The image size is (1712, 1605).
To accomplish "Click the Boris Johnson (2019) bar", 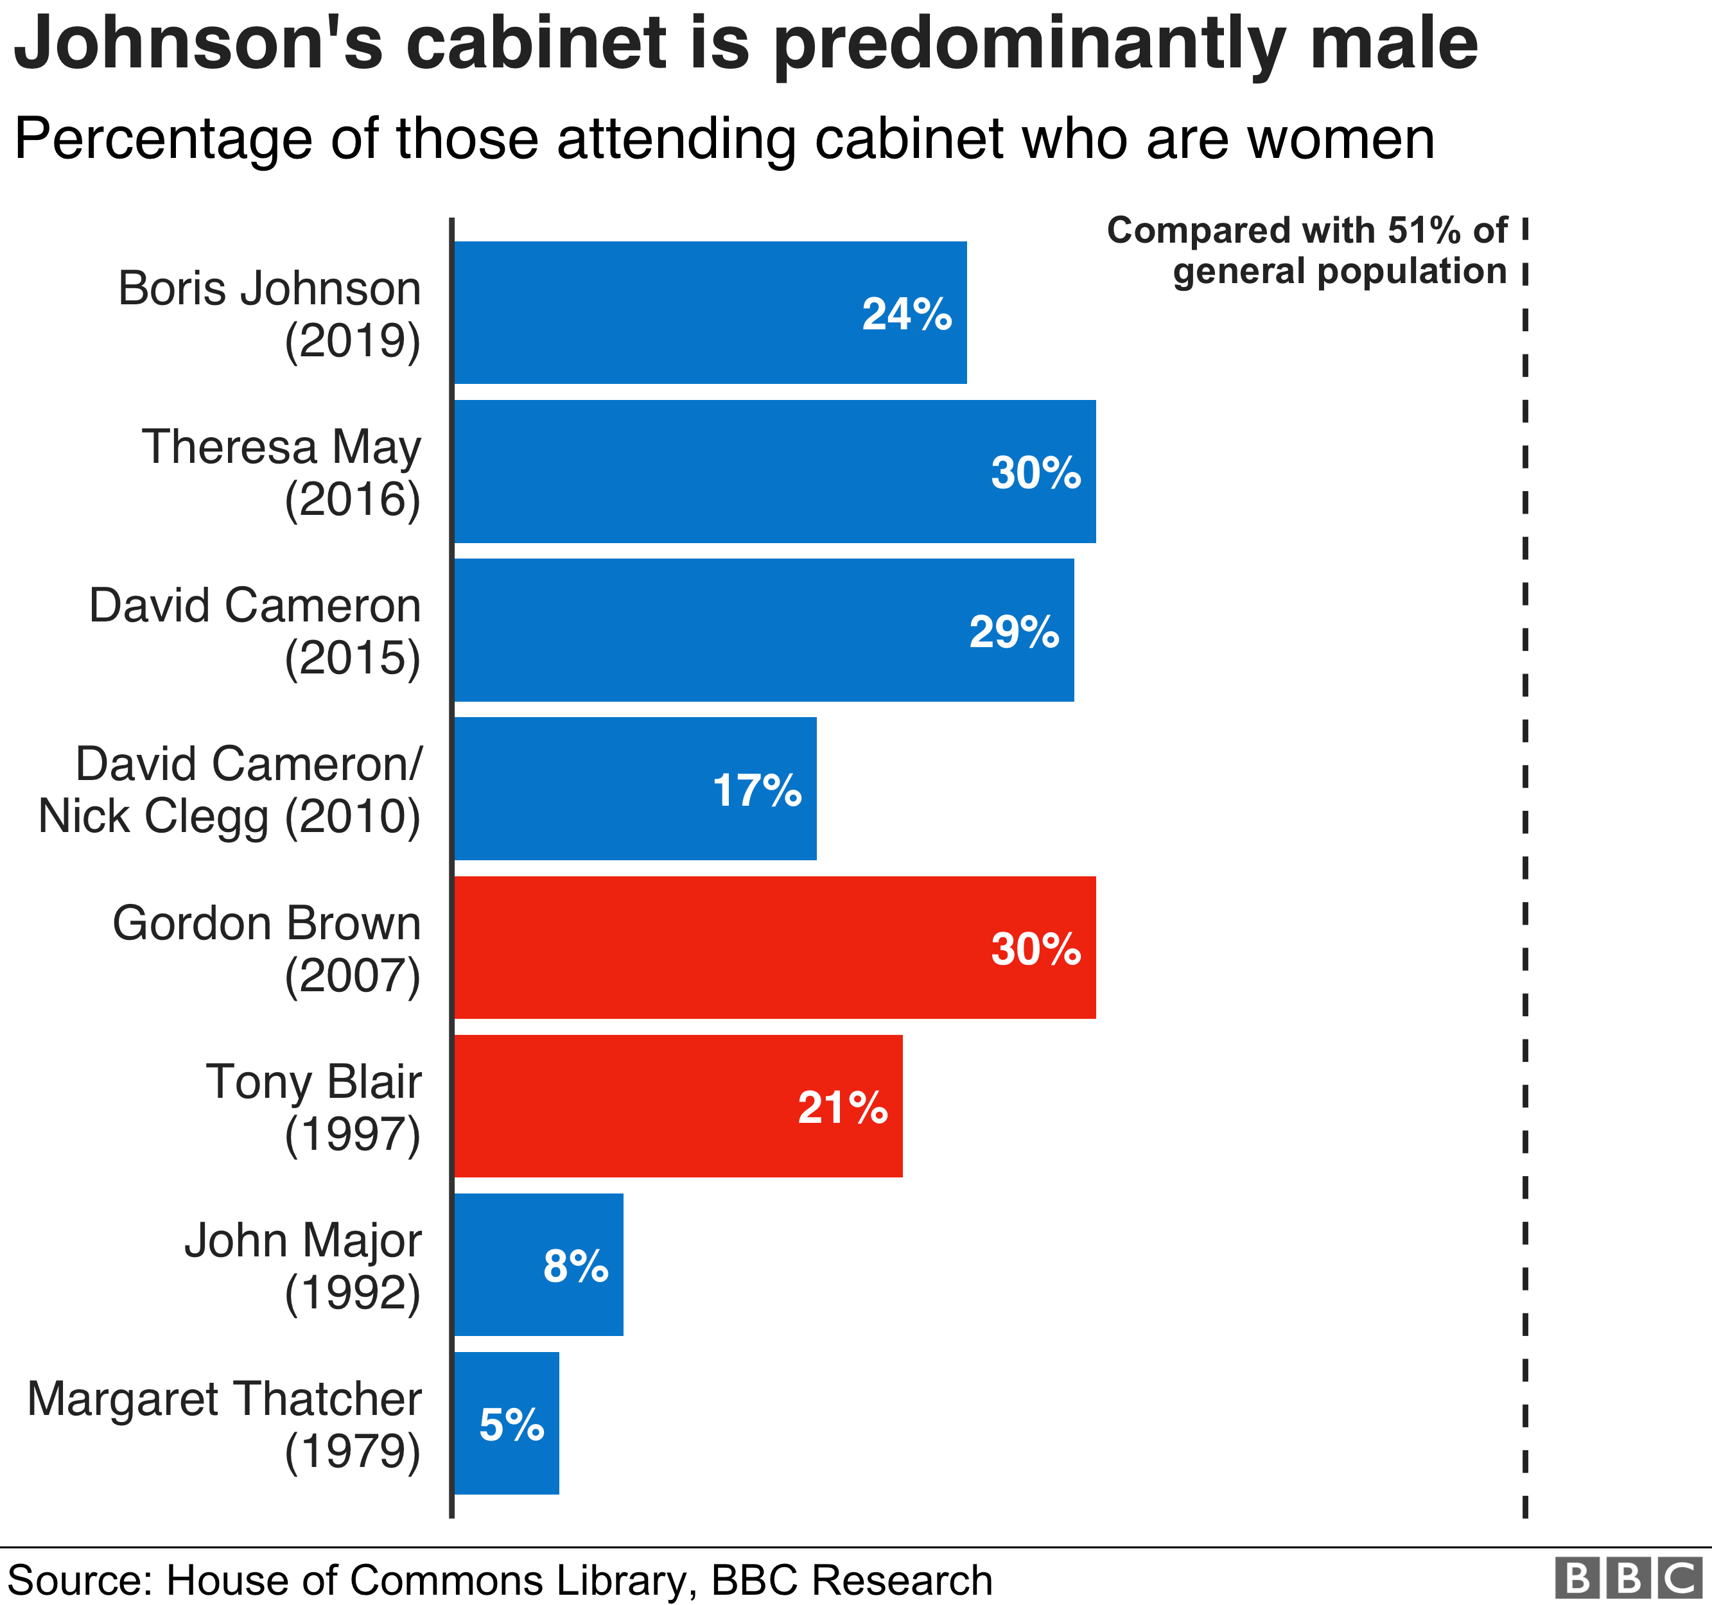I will [x=710, y=313].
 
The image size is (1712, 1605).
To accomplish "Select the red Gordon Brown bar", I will [x=774, y=947].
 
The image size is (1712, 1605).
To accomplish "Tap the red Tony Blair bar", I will [x=677, y=1106].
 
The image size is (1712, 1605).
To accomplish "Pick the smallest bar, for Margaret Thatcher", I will [x=507, y=1423].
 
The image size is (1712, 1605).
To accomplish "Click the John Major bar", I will [x=538, y=1264].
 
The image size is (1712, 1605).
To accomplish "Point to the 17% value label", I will [x=757, y=790].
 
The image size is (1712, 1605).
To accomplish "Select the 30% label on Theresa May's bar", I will [x=1035, y=472].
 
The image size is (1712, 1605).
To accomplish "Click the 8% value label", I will [x=575, y=1266].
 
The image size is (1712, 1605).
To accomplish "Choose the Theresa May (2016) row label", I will [x=282, y=472].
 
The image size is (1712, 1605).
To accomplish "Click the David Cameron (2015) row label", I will [x=255, y=630].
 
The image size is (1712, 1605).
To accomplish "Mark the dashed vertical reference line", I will [x=1524, y=861].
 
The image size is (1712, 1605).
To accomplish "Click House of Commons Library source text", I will [x=426, y=1579].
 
